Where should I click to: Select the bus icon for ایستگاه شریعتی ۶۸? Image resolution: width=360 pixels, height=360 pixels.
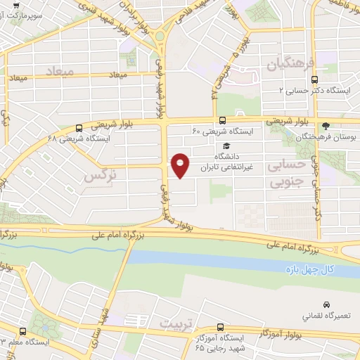78,128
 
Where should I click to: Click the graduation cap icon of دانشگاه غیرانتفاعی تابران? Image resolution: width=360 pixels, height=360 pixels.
226,146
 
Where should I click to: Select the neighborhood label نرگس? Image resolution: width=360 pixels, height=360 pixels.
100,176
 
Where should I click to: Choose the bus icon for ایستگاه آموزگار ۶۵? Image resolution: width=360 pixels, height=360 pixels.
221,327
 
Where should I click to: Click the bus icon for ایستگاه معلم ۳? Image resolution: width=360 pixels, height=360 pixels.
23,330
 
